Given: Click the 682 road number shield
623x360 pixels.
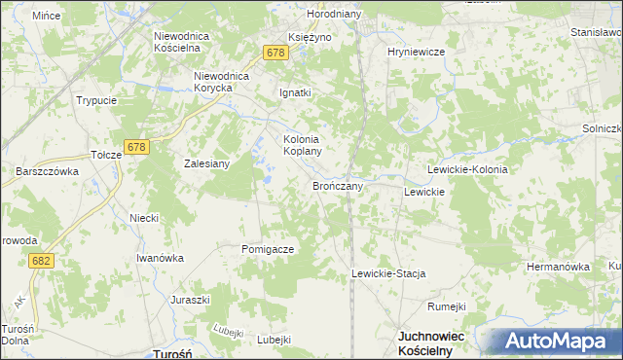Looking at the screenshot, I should [41, 261].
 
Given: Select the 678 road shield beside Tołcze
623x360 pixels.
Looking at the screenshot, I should [136, 148].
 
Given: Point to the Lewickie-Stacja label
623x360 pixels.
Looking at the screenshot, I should [389, 274].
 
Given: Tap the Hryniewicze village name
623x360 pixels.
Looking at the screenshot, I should [416, 52].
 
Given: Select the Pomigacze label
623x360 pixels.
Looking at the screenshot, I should [268, 249].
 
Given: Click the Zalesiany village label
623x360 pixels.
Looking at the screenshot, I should [206, 163].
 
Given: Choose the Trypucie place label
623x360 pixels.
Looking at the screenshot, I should [96, 100].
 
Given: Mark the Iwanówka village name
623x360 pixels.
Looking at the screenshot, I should [160, 258].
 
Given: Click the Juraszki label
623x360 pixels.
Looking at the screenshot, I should [191, 300].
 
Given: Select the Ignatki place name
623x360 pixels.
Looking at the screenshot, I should [295, 93].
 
